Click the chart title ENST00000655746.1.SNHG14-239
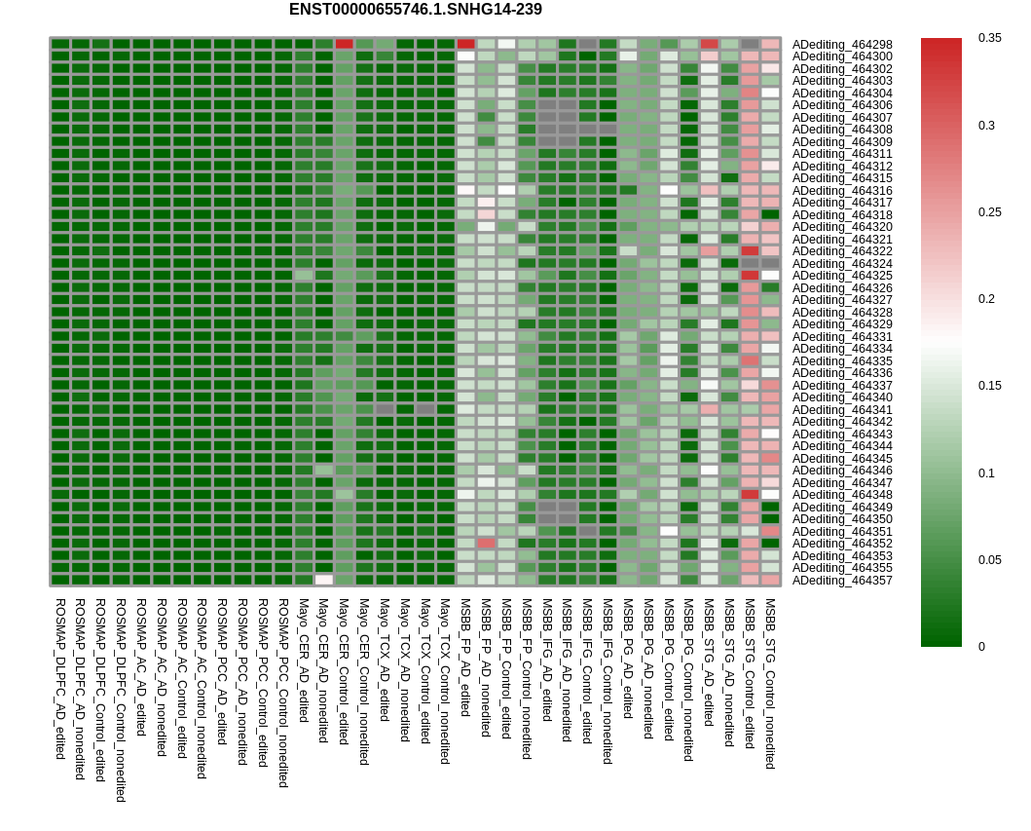click(416, 9)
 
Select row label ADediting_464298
click(841, 44)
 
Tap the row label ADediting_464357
click(841, 581)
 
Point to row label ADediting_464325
click(841, 276)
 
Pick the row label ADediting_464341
click(841, 409)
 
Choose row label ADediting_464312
click(841, 166)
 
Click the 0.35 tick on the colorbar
click(989, 37)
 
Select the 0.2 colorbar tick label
click(986, 299)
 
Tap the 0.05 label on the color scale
click(989, 560)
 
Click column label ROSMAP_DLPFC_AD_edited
click(59, 678)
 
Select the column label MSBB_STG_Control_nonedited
click(771, 683)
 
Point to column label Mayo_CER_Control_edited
click(344, 671)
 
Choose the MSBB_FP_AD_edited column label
click(464, 658)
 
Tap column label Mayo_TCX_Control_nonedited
click(445, 681)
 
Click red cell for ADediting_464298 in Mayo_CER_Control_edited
click(344, 44)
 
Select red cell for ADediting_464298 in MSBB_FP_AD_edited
click(465, 44)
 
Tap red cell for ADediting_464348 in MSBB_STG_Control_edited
click(750, 494)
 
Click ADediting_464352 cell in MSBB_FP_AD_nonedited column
click(486, 543)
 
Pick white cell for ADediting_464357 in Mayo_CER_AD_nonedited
click(323, 580)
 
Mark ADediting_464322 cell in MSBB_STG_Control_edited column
click(750, 250)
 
